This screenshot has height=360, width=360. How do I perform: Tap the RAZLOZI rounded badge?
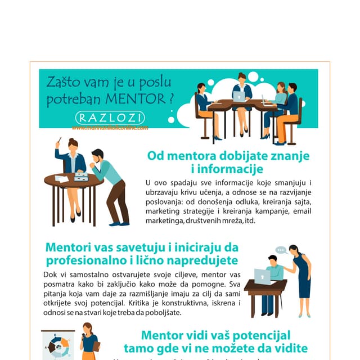(110, 118)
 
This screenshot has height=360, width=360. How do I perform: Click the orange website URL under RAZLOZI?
(110, 128)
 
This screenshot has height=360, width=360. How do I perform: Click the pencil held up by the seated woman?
(58, 141)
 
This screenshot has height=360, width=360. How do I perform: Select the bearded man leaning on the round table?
(110, 186)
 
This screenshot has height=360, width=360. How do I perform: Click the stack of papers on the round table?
(82, 177)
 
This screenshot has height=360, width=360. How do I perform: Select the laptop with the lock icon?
(262, 276)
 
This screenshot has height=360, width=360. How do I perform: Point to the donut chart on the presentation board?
(58, 345)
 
